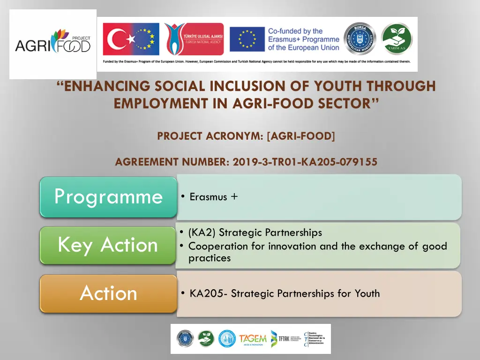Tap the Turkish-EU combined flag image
[131, 39]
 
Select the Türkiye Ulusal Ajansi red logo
[194, 39]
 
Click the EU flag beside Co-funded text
[246, 39]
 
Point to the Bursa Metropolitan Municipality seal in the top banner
[360, 39]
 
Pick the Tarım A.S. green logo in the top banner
[397, 39]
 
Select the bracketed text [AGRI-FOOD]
[301, 136]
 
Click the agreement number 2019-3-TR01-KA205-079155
[305, 162]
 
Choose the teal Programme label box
[108, 197]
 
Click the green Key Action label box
[108, 245]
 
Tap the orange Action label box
[108, 294]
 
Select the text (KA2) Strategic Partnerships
[255, 232]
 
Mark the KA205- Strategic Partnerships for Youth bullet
[285, 294]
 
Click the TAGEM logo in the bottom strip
[253, 338]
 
